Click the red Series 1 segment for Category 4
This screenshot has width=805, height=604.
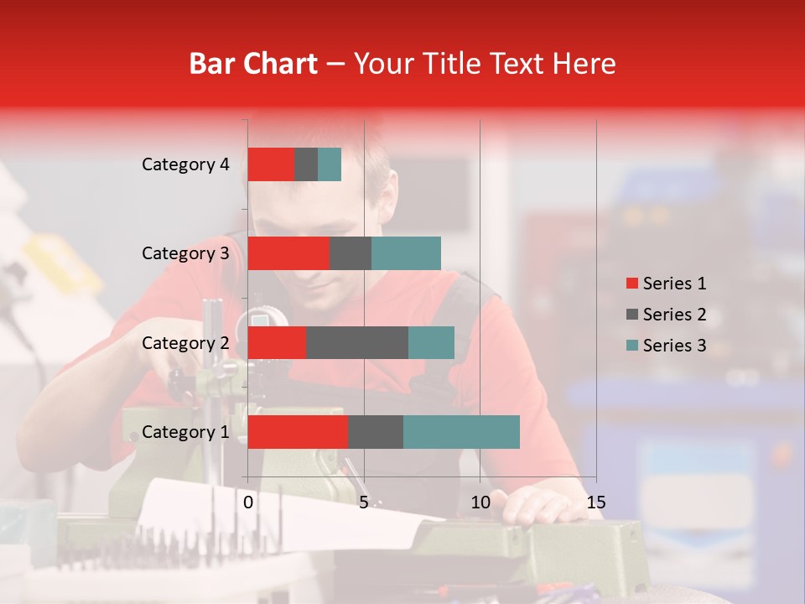click(x=271, y=164)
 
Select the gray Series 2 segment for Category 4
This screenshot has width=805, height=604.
click(x=306, y=164)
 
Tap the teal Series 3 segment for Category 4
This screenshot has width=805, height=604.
click(x=330, y=164)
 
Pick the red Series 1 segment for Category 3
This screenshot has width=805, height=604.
click(x=288, y=253)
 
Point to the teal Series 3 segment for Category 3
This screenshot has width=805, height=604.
click(x=406, y=253)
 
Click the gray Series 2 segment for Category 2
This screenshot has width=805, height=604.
click(x=357, y=342)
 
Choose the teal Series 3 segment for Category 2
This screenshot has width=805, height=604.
click(x=431, y=342)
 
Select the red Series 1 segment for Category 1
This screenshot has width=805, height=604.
click(x=298, y=431)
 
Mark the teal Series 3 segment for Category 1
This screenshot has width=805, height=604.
click(x=461, y=431)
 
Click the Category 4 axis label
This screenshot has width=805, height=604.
click(x=185, y=164)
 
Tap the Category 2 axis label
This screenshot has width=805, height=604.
click(x=185, y=342)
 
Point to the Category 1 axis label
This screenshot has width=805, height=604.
click(x=185, y=432)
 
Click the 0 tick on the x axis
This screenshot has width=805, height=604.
click(x=248, y=502)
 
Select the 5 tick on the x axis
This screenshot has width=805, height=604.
click(x=364, y=502)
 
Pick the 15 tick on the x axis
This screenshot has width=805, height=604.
click(x=595, y=502)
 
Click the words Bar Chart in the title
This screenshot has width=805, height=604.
click(x=253, y=63)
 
